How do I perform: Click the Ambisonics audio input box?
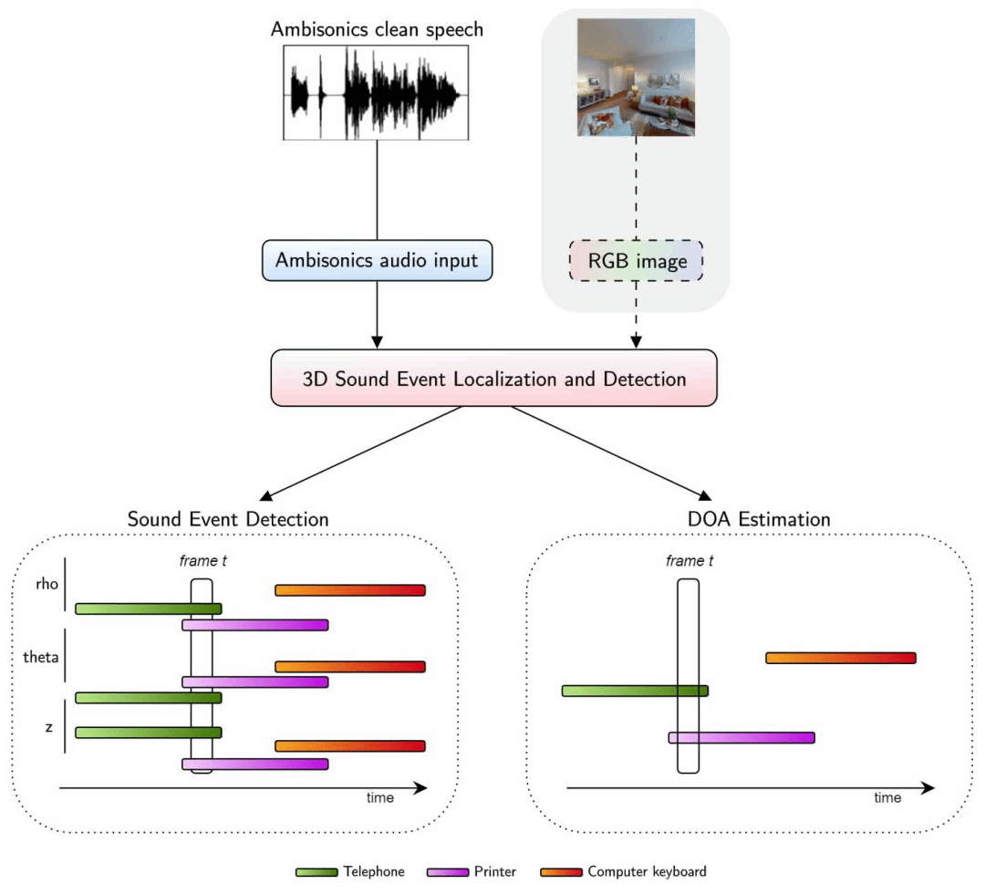click(377, 260)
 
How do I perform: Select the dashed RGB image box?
click(637, 262)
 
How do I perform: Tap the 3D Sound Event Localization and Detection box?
click(494, 378)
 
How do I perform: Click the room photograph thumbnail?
click(637, 78)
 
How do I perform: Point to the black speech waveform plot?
click(377, 92)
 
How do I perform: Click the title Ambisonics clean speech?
click(377, 29)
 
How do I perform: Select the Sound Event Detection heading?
click(228, 519)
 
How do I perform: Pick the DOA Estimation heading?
click(759, 519)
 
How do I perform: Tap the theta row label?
click(40, 654)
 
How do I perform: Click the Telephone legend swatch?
click(316, 872)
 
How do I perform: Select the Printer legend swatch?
click(448, 872)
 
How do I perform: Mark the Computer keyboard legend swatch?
click(561, 872)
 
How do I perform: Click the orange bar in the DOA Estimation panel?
click(840, 658)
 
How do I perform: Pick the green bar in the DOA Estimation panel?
click(635, 691)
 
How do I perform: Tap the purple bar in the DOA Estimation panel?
click(741, 737)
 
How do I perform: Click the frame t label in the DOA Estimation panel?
click(689, 561)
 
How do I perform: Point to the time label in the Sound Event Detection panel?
click(380, 798)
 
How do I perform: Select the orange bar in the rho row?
click(350, 590)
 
